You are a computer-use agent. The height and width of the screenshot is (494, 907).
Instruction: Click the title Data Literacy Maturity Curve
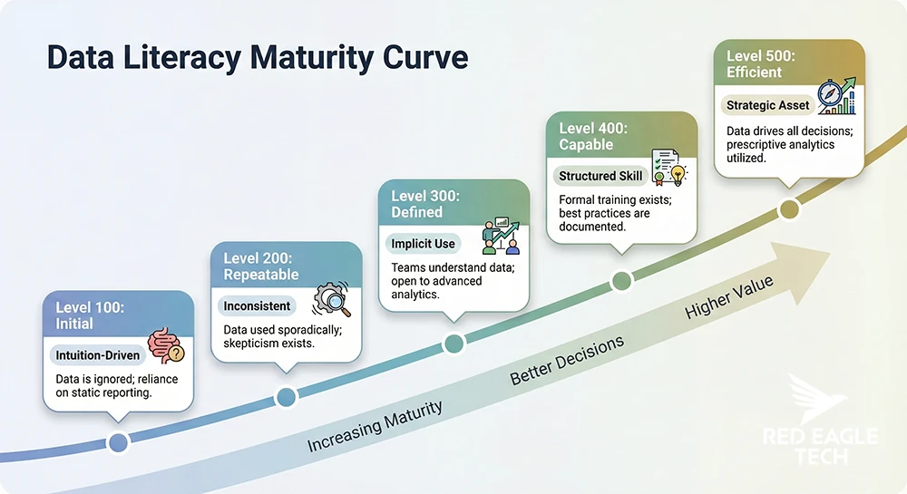(x=258, y=58)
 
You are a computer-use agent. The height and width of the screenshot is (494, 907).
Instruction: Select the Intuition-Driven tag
(x=98, y=355)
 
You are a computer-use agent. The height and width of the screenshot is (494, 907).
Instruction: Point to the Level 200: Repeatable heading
(x=261, y=266)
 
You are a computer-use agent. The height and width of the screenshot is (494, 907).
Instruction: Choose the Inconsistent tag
(x=257, y=306)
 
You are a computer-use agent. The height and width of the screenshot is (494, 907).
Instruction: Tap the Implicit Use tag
(x=424, y=244)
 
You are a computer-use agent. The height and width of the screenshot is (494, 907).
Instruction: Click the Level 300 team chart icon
(x=500, y=236)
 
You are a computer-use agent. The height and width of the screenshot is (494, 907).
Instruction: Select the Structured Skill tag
(x=600, y=176)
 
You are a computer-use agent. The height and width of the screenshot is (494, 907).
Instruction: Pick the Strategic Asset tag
(x=767, y=106)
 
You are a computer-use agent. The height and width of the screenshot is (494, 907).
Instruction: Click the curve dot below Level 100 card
(x=117, y=442)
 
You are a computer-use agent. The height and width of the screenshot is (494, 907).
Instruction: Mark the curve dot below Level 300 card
(x=453, y=343)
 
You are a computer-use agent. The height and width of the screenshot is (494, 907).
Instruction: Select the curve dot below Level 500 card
(x=789, y=209)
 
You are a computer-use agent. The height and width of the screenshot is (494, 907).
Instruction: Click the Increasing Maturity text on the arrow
(x=375, y=426)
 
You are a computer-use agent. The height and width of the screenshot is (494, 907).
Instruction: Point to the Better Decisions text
(x=567, y=360)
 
